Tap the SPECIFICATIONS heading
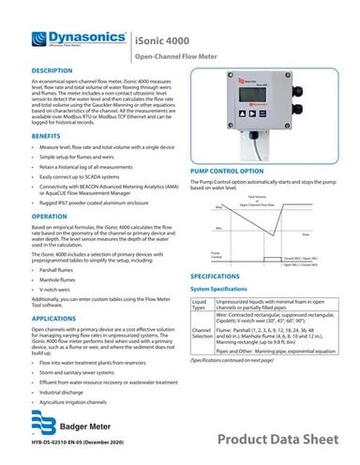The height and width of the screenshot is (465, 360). point(225,278)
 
